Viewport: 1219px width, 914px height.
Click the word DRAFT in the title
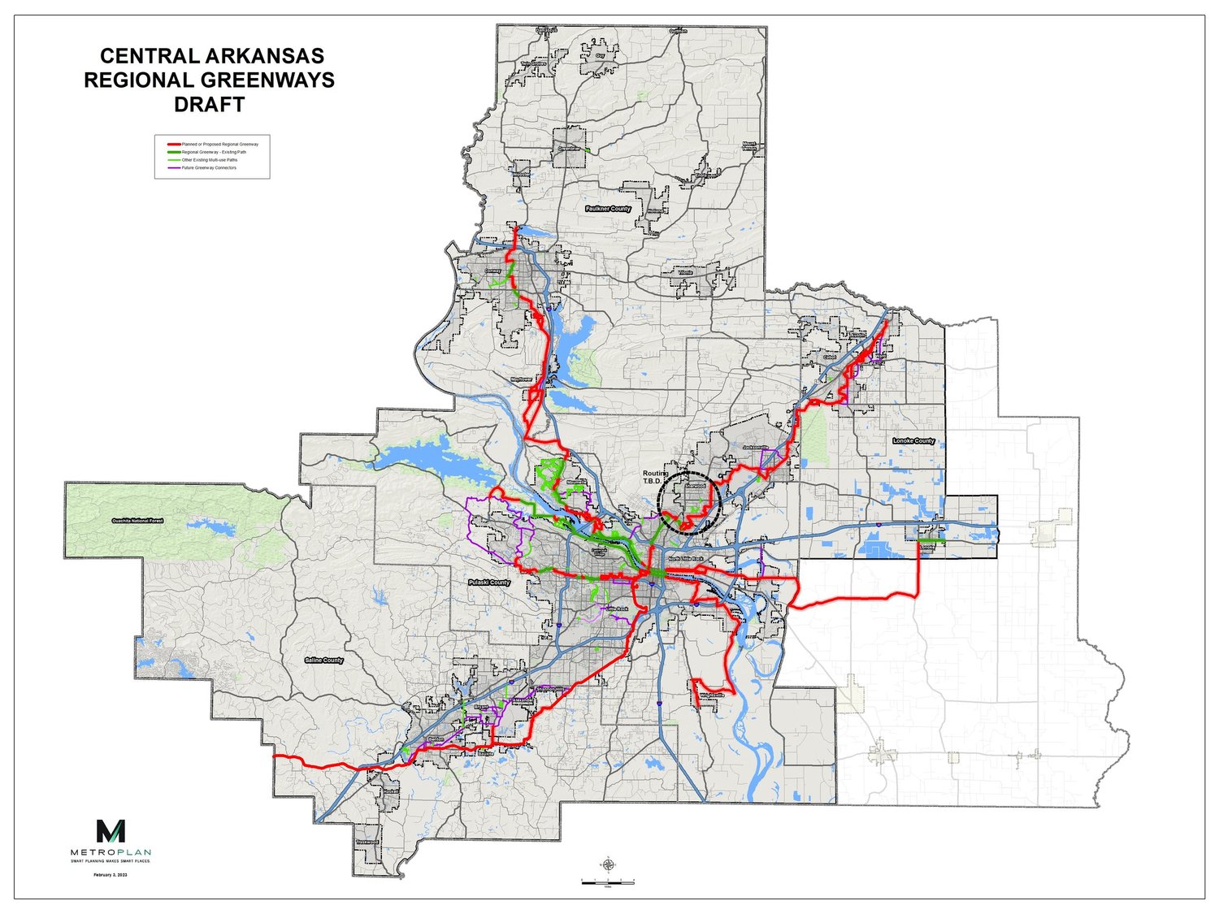209,104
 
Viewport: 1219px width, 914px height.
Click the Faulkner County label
608,209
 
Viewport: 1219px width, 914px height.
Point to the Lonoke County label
913,441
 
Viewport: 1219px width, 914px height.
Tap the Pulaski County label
489,583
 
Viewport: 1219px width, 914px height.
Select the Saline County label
323,661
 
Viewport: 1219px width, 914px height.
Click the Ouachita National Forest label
138,520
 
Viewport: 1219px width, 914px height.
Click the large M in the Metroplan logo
111,831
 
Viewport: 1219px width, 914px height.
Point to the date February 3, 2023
111,874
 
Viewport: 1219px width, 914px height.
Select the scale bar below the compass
607,882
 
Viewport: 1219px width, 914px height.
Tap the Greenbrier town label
569,149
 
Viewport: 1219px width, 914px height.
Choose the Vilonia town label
674,273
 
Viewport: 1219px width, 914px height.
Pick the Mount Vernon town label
748,147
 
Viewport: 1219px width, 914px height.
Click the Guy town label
601,55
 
